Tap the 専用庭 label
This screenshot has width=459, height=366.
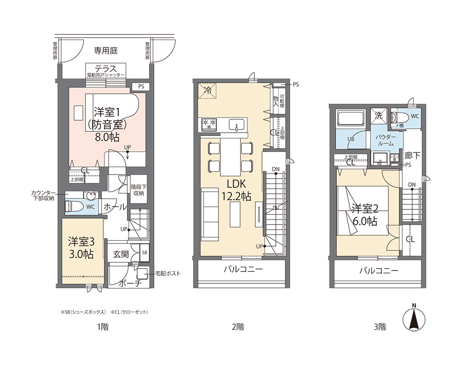click(x=106, y=50)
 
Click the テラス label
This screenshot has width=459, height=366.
click(x=106, y=68)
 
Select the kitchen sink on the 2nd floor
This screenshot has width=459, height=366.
click(x=237, y=124)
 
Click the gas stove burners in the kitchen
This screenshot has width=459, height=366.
click(x=209, y=124)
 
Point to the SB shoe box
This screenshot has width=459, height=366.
click(x=144, y=253)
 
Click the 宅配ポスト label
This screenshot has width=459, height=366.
click(x=168, y=274)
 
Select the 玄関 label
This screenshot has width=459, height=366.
click(x=121, y=253)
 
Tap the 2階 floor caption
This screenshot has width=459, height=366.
click(x=237, y=327)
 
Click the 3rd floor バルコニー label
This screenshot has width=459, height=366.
click(x=378, y=271)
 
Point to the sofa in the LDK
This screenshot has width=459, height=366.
click(x=210, y=215)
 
